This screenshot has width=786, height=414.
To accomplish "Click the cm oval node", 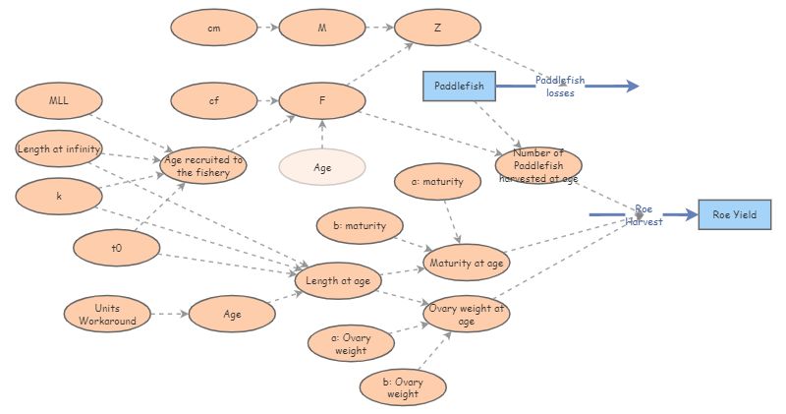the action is tap(214, 28).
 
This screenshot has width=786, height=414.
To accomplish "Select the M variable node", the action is tap(322, 28).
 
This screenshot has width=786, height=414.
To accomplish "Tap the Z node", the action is tap(437, 28).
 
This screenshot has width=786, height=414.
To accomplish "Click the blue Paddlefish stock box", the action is tap(459, 86).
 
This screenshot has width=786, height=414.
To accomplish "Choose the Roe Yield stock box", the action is tap(734, 214).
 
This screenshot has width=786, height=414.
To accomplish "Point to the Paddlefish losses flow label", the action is tap(560, 87).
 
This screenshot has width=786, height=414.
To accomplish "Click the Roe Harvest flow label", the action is tap(644, 215).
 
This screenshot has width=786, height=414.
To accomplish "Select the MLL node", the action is tap(59, 100).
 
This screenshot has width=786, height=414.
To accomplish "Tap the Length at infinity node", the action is tap(59, 148).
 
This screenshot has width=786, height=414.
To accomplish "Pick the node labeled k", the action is tap(59, 197).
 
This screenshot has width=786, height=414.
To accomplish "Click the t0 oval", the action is tap(116, 248).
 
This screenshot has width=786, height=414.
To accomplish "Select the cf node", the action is tap(214, 100).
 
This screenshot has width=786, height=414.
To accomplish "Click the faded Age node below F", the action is tap(322, 167).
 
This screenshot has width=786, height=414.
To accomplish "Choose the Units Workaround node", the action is tap(107, 314).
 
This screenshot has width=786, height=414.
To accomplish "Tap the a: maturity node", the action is tap(437, 181).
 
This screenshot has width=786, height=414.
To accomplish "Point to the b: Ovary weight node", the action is tap(403, 387).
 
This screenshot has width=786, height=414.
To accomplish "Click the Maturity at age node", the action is tap(466, 263).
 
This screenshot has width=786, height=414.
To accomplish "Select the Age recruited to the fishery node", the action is tap(203, 165).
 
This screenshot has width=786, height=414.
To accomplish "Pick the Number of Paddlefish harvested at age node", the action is tap(538, 165).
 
